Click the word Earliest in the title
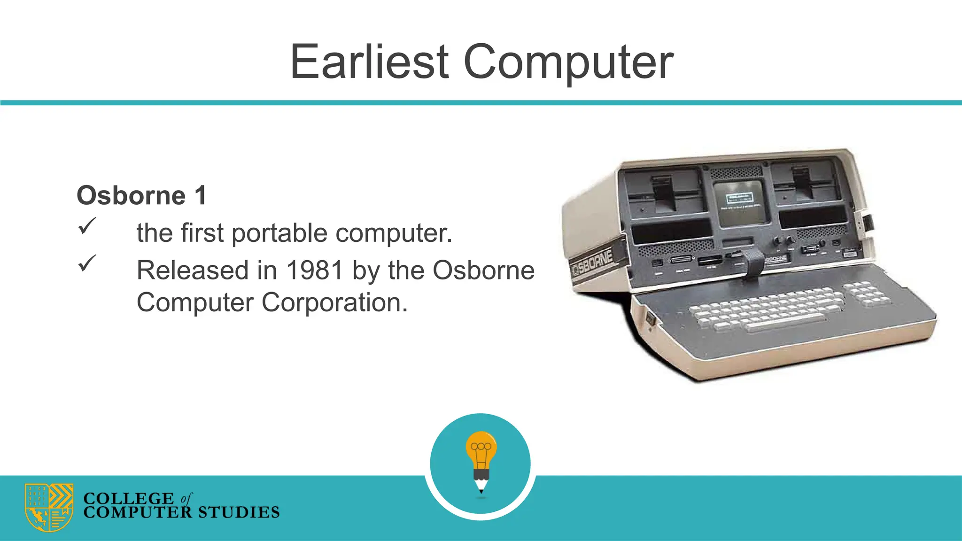[x=370, y=62]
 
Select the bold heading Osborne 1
[x=141, y=195]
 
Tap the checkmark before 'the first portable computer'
[x=87, y=226]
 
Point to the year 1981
[x=315, y=270]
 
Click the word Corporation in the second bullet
[x=334, y=302]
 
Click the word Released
[x=193, y=270]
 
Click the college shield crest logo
[x=49, y=507]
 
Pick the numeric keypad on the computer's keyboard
[x=866, y=294]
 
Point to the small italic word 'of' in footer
[x=186, y=498]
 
